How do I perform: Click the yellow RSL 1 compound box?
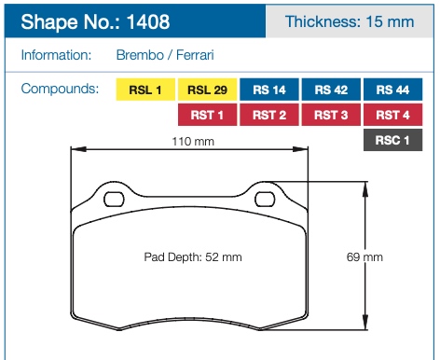145,90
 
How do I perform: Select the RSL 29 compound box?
207,90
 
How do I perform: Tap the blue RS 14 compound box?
269,90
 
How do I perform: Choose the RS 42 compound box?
331,90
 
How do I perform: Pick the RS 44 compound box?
392,90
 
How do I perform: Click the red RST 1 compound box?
207,115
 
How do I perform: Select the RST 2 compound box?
269,115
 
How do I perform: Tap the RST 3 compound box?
331,115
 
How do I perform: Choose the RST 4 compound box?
392,115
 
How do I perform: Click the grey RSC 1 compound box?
392,140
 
